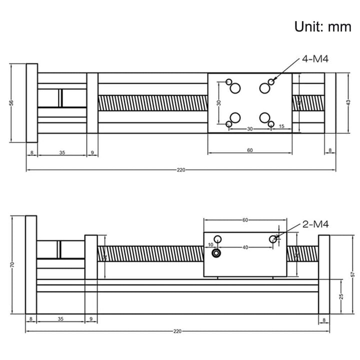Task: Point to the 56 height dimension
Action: [11, 102]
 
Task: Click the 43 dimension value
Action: [348, 102]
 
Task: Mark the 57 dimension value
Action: [352, 274]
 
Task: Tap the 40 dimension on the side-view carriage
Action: [244, 247]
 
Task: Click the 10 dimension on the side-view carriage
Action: [210, 244]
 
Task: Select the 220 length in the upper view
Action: [181, 170]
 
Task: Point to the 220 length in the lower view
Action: [177, 331]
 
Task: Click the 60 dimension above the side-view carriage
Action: [245, 219]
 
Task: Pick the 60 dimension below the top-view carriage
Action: [249, 149]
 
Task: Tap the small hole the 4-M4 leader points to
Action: [271, 81]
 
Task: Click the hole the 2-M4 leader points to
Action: [273, 239]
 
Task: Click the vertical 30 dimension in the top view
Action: [218, 103]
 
